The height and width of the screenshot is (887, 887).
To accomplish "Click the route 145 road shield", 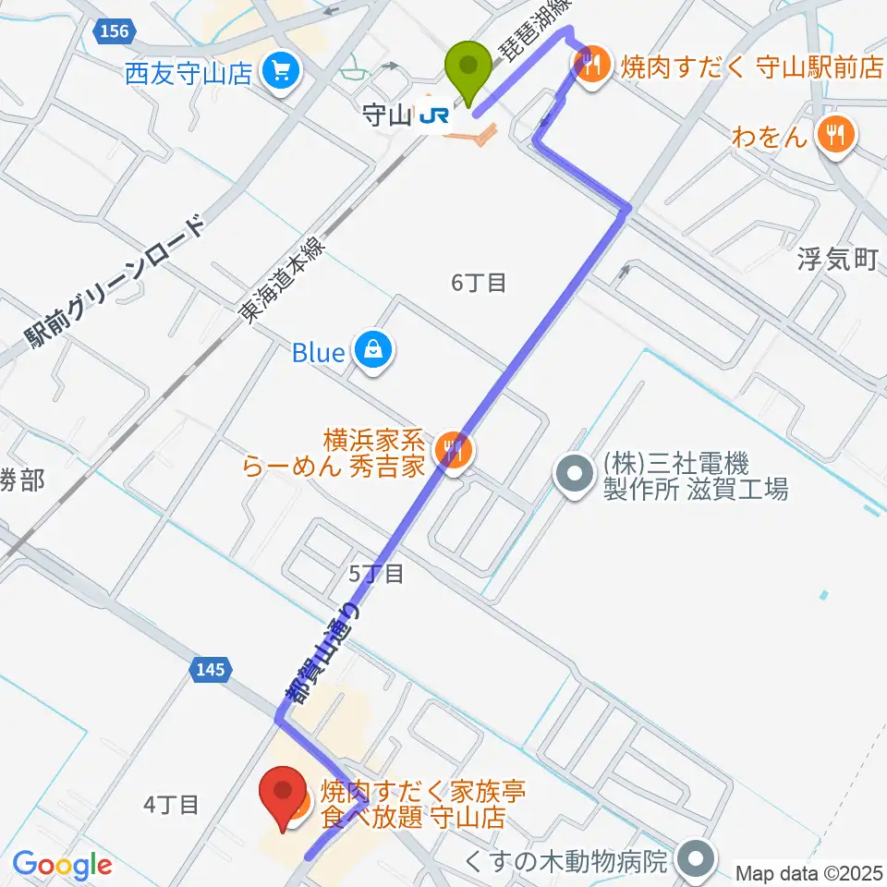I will (210, 670).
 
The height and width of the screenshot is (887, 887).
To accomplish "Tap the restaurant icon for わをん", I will (837, 137).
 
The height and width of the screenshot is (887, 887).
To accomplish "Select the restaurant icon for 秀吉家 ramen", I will (452, 451).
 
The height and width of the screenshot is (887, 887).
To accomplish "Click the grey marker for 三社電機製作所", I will (575, 475).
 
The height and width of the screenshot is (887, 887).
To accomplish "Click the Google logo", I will (62, 865).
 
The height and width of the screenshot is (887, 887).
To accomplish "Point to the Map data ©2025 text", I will (810, 872).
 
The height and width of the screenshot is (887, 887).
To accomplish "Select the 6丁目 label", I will (479, 284).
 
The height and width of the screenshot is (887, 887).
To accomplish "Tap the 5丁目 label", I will (376, 574).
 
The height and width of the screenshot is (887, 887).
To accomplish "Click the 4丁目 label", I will (172, 805).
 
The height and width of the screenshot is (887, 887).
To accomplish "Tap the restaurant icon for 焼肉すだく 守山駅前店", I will (590, 64).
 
